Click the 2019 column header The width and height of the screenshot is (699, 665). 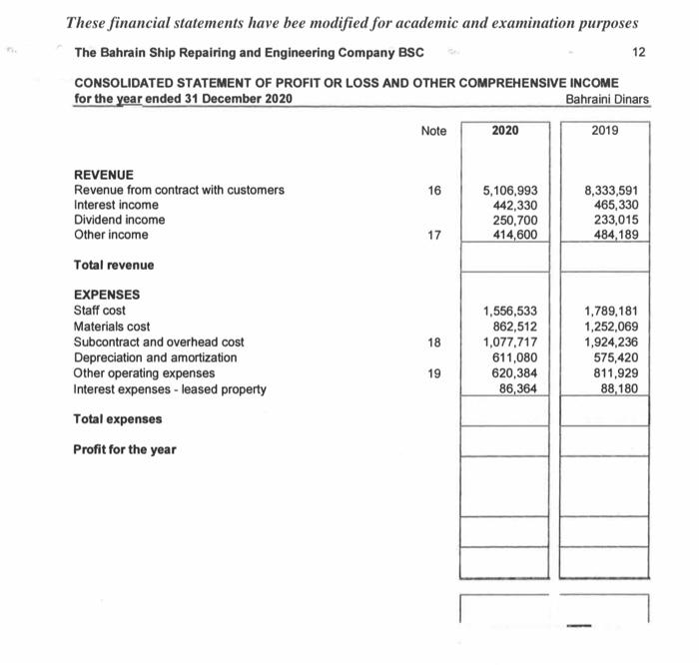[x=605, y=131]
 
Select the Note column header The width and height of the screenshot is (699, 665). [x=433, y=131]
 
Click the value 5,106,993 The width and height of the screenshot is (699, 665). [x=510, y=190]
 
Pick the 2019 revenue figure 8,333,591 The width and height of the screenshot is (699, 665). [x=611, y=190]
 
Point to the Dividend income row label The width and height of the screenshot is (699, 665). [x=120, y=220]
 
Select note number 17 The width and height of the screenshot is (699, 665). [x=433, y=235]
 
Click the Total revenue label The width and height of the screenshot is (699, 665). [x=114, y=265]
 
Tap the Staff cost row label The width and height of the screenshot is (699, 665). [x=100, y=311]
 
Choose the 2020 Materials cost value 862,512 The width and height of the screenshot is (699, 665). [x=517, y=327]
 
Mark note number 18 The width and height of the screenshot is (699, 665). [x=433, y=341]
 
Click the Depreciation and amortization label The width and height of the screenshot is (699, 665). [x=156, y=357]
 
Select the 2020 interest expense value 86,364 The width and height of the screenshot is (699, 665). [x=520, y=388]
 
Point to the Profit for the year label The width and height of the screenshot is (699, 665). [x=125, y=449]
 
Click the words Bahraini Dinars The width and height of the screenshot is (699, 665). [x=606, y=99]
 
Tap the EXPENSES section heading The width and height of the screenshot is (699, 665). [x=107, y=295]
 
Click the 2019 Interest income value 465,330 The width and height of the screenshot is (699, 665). [x=616, y=205]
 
